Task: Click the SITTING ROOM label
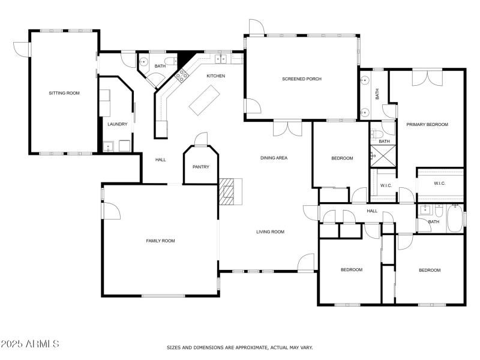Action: coord(64,93)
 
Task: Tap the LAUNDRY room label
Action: coord(117,124)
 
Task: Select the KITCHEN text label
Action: coord(215,76)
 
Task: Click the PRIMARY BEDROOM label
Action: coord(427,124)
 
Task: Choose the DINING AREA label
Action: coord(274,158)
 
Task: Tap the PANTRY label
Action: coord(201,167)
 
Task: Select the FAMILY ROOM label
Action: coord(160,241)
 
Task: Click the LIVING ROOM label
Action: coord(270,232)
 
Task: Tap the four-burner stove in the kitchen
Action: coord(181,74)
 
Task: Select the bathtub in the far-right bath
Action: coord(455,218)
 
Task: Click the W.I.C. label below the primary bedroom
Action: coord(439,183)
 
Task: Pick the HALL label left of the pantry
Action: coord(160,160)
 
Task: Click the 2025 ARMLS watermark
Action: coord(30,344)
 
